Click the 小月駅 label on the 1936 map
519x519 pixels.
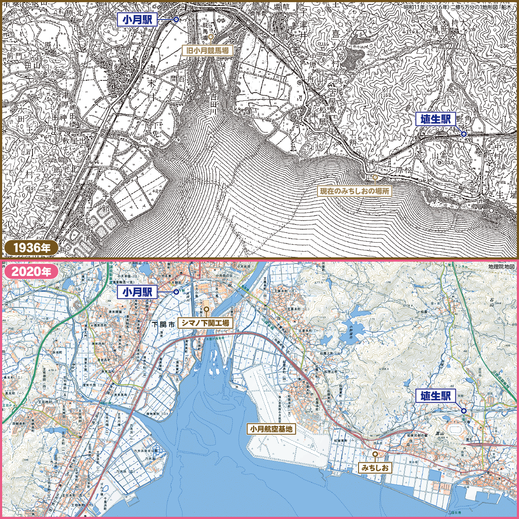pyautogui.click(x=137, y=19)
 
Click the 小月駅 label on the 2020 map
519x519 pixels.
pyautogui.click(x=137, y=292)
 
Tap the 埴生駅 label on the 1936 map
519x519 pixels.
pyautogui.click(x=436, y=119)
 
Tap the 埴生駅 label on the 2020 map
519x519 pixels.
pyautogui.click(x=436, y=396)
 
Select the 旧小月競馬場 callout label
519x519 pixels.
pyautogui.click(x=207, y=51)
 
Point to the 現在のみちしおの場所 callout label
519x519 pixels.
pyautogui.click(x=354, y=191)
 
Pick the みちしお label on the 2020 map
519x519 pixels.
pyautogui.click(x=375, y=468)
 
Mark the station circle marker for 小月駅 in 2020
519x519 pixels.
pyautogui.click(x=176, y=292)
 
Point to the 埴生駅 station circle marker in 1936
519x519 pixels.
pyautogui.click(x=464, y=134)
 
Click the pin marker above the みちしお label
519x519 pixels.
pyautogui.click(x=375, y=454)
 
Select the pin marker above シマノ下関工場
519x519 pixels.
pyautogui.click(x=207, y=309)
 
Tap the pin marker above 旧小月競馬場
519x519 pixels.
pyautogui.click(x=211, y=37)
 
